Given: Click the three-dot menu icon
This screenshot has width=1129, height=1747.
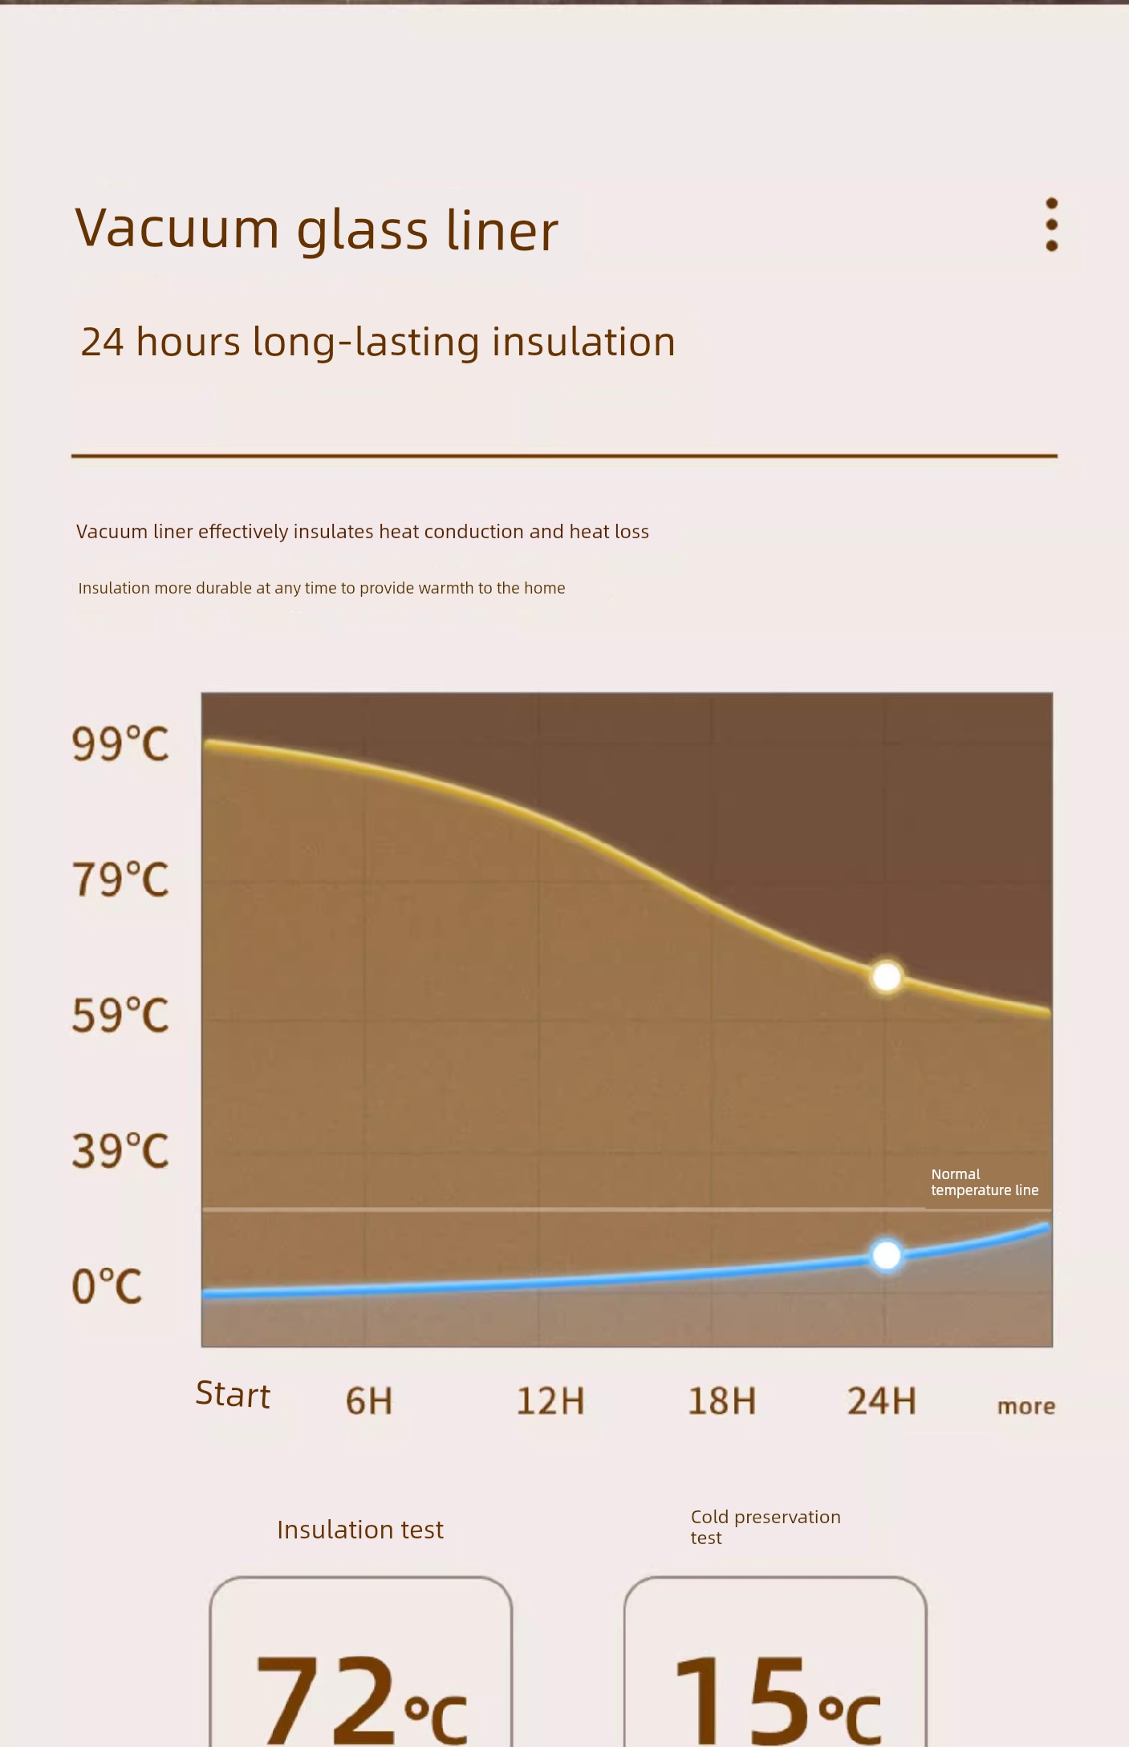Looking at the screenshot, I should pos(1051,225).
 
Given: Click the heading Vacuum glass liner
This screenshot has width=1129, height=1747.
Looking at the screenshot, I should pos(316,229).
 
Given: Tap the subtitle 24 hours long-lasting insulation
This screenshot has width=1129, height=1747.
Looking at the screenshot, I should pos(378,342).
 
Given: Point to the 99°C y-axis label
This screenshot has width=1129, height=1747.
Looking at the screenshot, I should pos(120,744).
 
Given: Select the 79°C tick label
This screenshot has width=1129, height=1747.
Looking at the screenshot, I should pos(120,879).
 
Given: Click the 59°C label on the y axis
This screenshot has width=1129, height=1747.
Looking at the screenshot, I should pos(120,1015).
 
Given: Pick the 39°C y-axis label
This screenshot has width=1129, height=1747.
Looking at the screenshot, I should pos(120,1150).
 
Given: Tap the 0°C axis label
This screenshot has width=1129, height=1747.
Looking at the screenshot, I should pos(107,1286).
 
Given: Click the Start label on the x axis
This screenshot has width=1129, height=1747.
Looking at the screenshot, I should pos(233,1395).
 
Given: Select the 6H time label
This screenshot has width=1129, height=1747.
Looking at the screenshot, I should pos(369,1400).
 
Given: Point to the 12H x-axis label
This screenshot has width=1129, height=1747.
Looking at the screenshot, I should pos(550,1400).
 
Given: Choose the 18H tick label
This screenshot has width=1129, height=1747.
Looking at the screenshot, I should pos(721,1400).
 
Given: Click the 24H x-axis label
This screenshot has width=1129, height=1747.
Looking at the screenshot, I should pos(881,1400).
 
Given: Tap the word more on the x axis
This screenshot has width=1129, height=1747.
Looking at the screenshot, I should pos(1025,1405).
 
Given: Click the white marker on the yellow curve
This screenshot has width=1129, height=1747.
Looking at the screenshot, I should pos(887,977).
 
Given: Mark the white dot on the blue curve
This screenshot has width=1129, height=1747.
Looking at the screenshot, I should pos(886,1255).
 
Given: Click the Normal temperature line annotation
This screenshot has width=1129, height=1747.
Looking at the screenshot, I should pos(984,1182).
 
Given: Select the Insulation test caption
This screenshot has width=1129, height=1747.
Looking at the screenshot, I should pos(360,1530).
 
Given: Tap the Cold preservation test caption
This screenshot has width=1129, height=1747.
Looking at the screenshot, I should pos(765,1527).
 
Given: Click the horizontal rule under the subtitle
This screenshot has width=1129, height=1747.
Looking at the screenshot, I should pos(564,456).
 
